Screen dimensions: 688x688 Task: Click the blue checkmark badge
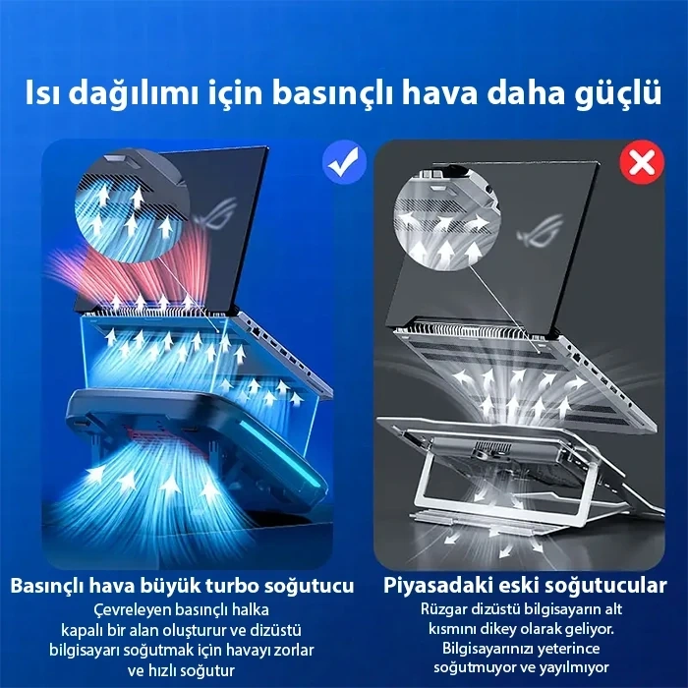(344, 163)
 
